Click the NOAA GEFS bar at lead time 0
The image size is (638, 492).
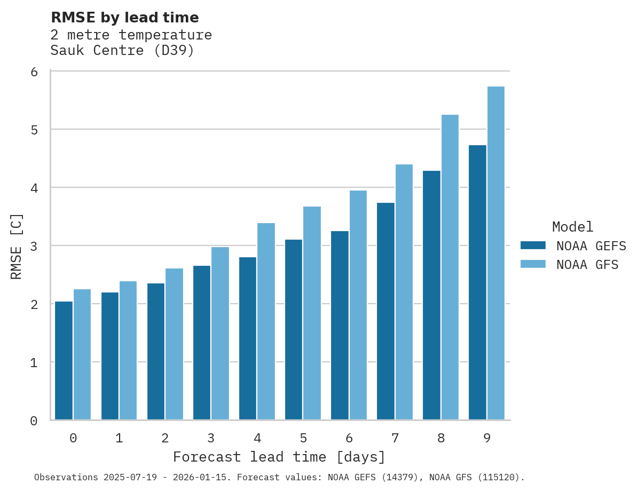click(64, 361)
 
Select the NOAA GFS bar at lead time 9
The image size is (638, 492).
click(496, 253)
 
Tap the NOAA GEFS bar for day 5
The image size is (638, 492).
click(294, 330)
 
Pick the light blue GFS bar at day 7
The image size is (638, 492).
click(404, 292)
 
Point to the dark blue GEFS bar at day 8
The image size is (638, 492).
click(431, 296)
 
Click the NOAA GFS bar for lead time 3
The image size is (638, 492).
click(220, 334)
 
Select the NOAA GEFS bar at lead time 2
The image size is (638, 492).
click(156, 352)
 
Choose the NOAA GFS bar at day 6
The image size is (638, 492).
click(358, 305)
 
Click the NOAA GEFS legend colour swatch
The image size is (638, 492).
click(533, 245)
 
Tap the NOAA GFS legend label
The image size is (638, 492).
click(587, 265)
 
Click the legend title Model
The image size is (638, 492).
click(572, 227)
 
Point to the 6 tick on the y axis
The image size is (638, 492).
click(34, 72)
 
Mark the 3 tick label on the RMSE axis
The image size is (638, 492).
click(34, 246)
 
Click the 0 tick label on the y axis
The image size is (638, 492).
click(34, 421)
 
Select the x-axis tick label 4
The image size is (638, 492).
click(257, 439)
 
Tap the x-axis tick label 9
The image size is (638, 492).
click(487, 439)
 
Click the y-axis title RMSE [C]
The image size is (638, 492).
click(17, 246)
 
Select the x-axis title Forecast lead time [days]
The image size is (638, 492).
click(279, 457)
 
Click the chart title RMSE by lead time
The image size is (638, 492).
click(125, 18)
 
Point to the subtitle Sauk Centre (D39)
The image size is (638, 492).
click(122, 51)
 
